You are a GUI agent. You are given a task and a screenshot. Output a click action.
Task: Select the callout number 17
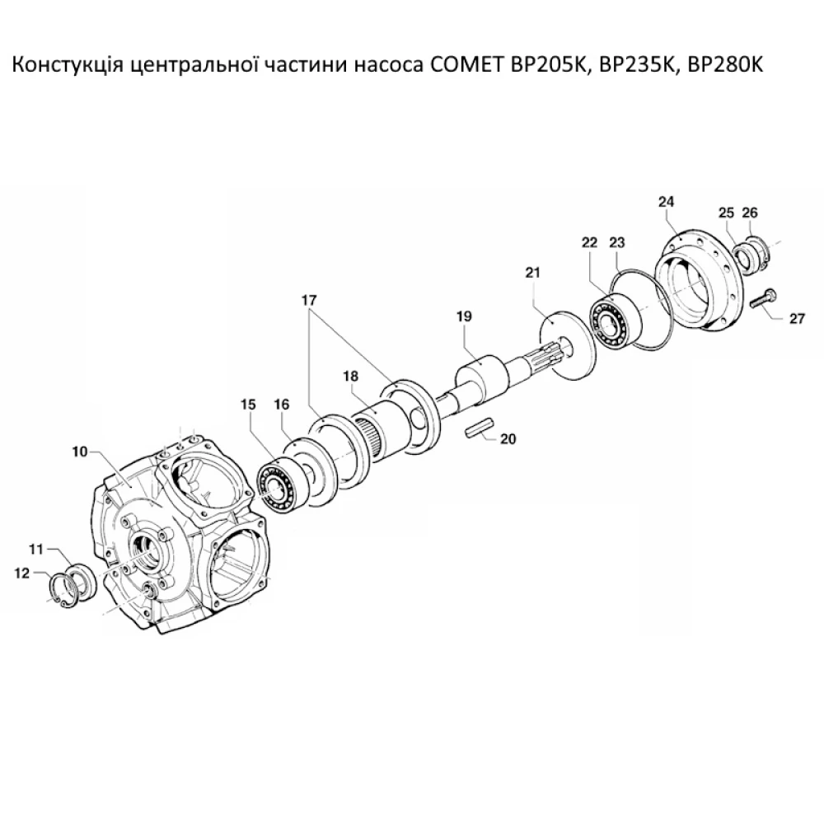pos(310,302)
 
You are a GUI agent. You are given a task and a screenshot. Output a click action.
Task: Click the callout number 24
pos(666,201)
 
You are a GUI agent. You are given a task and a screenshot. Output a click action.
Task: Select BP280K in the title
pos(726,65)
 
